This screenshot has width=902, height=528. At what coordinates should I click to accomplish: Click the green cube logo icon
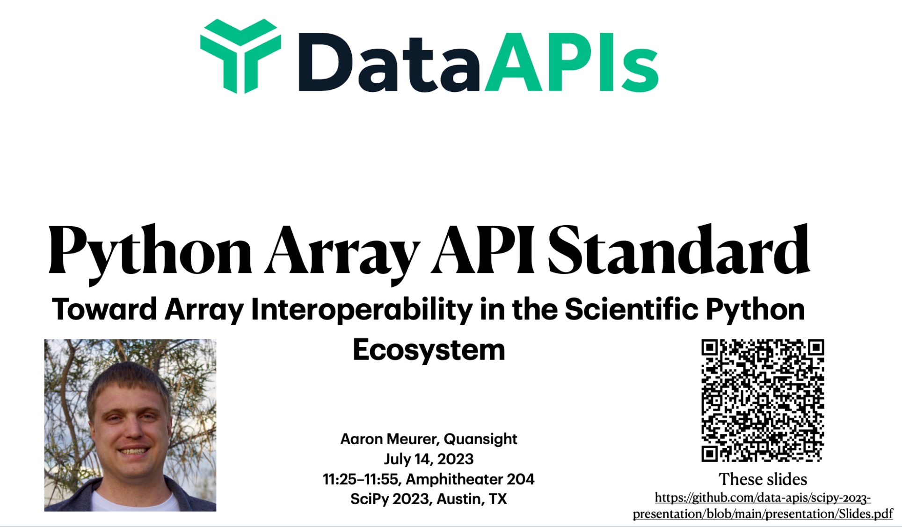[x=240, y=56]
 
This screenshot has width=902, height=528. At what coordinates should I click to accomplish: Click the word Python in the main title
[x=150, y=253]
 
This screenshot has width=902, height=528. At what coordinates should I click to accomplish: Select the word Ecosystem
[x=429, y=350]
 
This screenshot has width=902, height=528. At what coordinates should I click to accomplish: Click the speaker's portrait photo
[x=130, y=425]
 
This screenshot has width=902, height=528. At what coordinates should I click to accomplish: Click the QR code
[x=763, y=400]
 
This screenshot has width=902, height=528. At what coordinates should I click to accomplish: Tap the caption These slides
[x=763, y=479]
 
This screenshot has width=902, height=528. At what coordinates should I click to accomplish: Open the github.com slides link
[x=763, y=506]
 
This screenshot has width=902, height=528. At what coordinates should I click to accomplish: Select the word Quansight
[x=480, y=440]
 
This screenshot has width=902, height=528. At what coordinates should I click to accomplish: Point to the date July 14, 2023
[x=429, y=459]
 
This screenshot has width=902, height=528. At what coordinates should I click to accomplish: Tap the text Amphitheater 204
[x=470, y=479]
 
